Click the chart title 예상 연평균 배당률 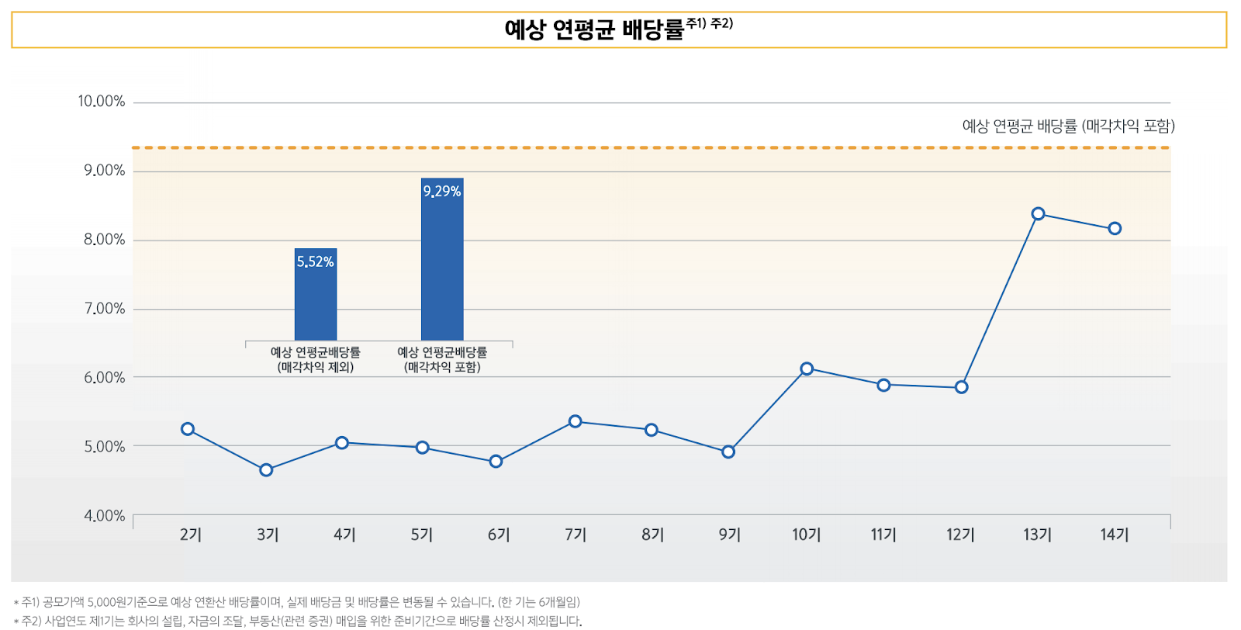pos(594,29)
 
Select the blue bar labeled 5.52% pos(316,303)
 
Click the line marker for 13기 pos(1038,214)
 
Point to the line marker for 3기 pos(266,470)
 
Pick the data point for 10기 pos(807,369)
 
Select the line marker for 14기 pos(1115,229)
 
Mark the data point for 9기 pos(728,452)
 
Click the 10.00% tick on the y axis pos(101,102)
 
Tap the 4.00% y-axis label pos(104,516)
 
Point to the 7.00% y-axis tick pos(104,309)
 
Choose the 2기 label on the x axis pos(190,535)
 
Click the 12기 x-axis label pos(960,535)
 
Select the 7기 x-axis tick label pos(576,535)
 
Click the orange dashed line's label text pos(1068,126)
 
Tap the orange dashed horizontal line pos(620,147)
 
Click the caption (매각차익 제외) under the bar pos(316,367)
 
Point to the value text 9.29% pos(442,192)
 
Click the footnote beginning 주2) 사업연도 pos(299,621)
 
